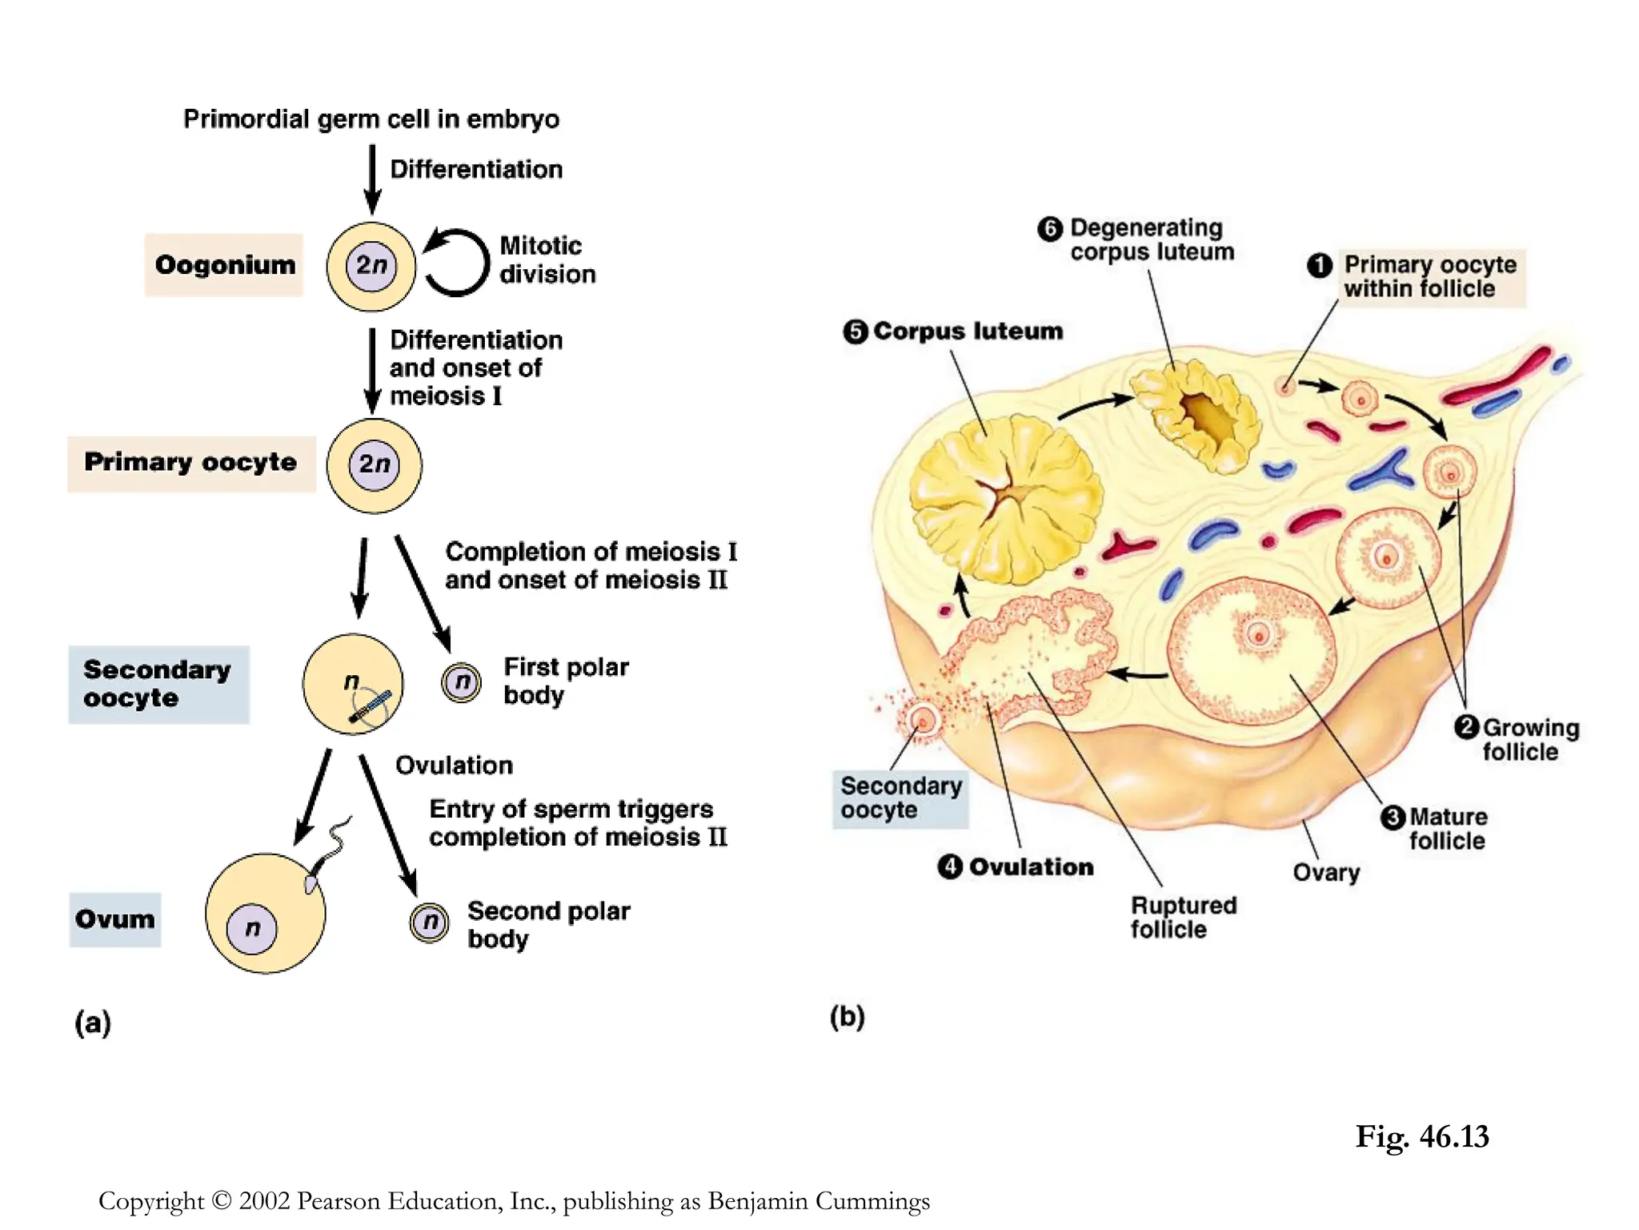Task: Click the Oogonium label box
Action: coord(224,265)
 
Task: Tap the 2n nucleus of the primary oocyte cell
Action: coord(374,464)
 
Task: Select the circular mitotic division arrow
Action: coord(456,263)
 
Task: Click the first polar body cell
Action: coord(462,683)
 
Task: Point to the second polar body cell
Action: coord(430,922)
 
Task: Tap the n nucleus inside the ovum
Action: coord(251,929)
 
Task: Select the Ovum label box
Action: coord(115,919)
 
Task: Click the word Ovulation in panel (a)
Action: coord(454,766)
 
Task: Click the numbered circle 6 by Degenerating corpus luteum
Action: coord(1050,229)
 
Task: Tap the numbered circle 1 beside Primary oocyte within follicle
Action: coord(1320,265)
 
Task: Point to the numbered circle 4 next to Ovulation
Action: coord(950,866)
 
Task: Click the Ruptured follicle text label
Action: coord(1183,918)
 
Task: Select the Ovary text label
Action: coord(1326,872)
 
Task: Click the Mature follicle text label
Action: coord(1447,829)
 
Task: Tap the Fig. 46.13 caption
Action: coord(1421,1136)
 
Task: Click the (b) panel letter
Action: coord(847,1017)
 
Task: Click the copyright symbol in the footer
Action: coord(222,1200)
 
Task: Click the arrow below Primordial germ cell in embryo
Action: coord(372,178)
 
